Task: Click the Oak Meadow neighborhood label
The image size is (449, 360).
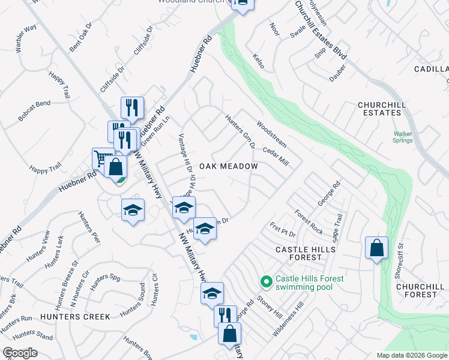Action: [x=228, y=166]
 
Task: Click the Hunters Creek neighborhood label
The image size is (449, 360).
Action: [x=76, y=316]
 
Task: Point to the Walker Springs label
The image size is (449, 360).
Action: [x=403, y=137]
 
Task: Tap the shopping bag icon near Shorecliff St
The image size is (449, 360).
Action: [x=376, y=248]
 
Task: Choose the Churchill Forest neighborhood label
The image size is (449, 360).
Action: [x=421, y=290]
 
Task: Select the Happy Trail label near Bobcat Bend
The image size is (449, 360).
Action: [x=59, y=83]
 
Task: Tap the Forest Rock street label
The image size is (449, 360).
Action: [x=309, y=222]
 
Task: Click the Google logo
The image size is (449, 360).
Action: [x=20, y=353]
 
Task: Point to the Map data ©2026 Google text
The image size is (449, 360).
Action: [x=412, y=355]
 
